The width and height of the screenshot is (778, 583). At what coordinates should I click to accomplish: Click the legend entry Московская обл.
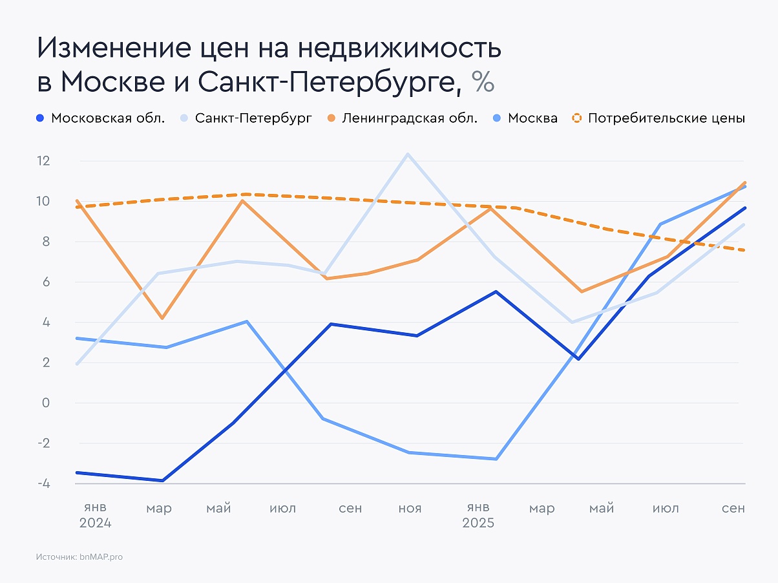click(x=100, y=118)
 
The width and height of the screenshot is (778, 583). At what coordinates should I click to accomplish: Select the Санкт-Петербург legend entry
click(x=246, y=118)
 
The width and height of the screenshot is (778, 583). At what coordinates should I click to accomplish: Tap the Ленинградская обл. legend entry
click(x=402, y=118)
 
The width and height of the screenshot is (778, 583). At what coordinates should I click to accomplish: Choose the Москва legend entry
click(x=525, y=118)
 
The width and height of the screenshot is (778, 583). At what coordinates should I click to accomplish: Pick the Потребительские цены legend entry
click(x=658, y=118)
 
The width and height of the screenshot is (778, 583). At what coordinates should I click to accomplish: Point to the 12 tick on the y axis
click(x=43, y=161)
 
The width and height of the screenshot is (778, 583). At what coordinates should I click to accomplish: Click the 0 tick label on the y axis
click(x=46, y=403)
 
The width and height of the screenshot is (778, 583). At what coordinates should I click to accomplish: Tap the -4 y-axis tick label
click(x=43, y=483)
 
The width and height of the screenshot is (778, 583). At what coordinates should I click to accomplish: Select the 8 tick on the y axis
click(x=46, y=242)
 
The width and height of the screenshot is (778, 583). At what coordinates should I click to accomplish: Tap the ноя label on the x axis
click(x=410, y=509)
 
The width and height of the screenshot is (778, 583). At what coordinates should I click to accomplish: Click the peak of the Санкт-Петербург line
click(x=407, y=154)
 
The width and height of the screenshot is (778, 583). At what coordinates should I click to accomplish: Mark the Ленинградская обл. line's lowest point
click(x=163, y=318)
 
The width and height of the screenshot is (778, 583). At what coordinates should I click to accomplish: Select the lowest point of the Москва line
click(x=496, y=459)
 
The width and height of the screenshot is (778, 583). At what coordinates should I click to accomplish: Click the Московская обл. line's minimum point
click(x=163, y=480)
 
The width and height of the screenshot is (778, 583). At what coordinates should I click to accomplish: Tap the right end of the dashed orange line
click(x=745, y=250)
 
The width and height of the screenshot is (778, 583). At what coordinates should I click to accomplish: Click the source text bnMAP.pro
click(x=100, y=556)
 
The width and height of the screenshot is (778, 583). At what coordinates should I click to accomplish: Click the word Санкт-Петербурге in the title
click(x=330, y=82)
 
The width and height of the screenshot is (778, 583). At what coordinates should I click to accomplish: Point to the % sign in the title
click(x=483, y=82)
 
